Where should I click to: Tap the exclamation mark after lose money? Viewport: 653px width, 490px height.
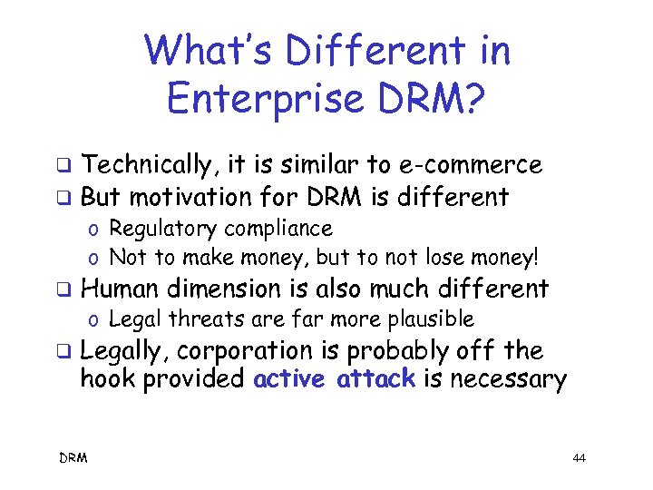pos(534,257)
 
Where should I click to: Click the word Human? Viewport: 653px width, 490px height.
pos(119,289)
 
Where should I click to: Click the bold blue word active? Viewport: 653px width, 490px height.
pos(288,379)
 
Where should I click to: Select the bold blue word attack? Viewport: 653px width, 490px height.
pos(375,379)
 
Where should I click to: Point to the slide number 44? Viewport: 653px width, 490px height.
pos(580,459)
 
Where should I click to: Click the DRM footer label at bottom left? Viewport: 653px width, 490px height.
pos(73,458)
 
